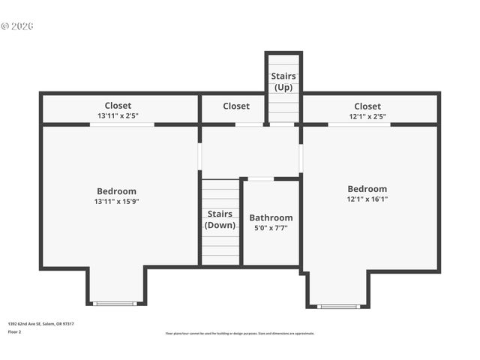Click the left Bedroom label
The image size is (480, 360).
(116, 191)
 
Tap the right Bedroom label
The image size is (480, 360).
(367, 189)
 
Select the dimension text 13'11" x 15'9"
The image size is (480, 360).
(116, 201)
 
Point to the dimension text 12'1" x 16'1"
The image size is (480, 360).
(367, 199)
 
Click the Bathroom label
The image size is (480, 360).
(271, 217)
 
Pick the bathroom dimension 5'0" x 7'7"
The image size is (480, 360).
(271, 228)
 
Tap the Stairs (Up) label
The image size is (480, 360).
(283, 82)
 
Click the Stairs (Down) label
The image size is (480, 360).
(220, 219)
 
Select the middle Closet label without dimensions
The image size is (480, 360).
(235, 106)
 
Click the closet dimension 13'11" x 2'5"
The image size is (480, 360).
(118, 116)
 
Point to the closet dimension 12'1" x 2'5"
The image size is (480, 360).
(367, 116)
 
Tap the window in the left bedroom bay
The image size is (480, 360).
(115, 304)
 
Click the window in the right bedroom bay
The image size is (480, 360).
(338, 306)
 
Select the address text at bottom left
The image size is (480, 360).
(40, 324)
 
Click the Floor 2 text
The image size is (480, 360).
(15, 331)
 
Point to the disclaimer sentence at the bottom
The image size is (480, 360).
(239, 334)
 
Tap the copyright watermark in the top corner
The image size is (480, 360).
(17, 26)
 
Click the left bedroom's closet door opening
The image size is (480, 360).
(121, 124)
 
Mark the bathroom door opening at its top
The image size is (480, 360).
(260, 179)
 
